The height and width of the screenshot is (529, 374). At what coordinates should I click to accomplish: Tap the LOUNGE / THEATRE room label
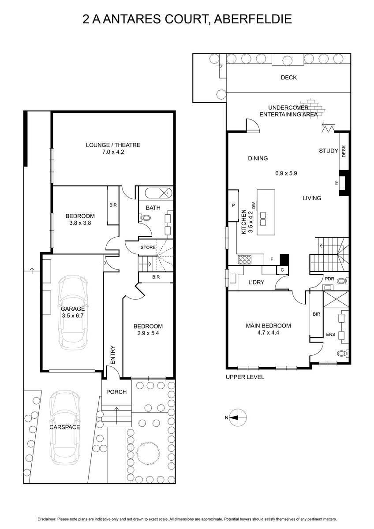click(x=113, y=145)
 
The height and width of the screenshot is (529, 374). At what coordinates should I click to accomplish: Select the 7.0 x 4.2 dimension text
click(x=113, y=152)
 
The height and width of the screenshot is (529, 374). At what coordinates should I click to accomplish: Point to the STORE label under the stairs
click(x=148, y=247)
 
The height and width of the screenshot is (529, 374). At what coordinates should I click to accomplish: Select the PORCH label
click(x=116, y=392)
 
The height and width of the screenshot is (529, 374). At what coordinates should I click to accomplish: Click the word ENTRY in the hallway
click(x=113, y=355)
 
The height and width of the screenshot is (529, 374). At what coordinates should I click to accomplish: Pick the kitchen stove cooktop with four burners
click(x=245, y=260)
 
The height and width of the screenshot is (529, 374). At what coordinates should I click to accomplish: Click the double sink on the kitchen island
click(x=263, y=219)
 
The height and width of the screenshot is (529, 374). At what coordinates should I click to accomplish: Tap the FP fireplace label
click(x=337, y=183)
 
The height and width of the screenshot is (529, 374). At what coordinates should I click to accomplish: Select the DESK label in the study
click(x=344, y=151)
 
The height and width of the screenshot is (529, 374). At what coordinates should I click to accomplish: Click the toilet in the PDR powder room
click(x=342, y=281)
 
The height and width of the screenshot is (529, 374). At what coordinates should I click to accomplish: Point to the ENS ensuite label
click(x=330, y=334)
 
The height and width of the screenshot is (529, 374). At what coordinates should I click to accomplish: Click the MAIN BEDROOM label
click(x=269, y=326)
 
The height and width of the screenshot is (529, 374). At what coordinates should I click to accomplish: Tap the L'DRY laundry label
click(x=256, y=282)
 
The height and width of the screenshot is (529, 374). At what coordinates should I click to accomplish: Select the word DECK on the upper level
click(x=289, y=78)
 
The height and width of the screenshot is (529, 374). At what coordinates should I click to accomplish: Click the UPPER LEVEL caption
click(x=245, y=377)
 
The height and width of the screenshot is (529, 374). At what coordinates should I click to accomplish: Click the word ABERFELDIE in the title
click(x=253, y=19)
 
